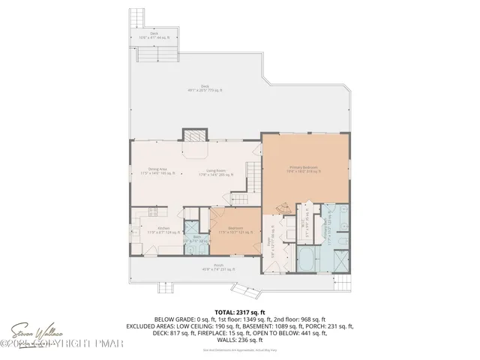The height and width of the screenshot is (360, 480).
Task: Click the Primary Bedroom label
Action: [304, 169]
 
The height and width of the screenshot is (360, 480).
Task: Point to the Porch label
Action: [218, 268]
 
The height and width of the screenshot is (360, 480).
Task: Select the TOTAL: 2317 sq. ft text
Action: [239, 310]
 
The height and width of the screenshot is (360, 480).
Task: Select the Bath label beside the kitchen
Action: [196, 238]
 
